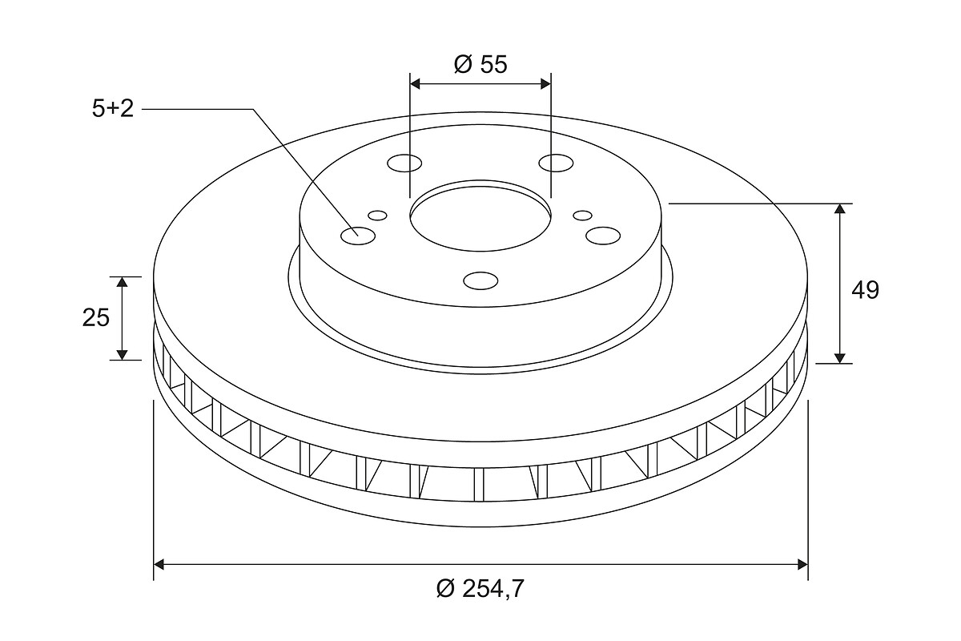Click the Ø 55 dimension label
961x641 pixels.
480,64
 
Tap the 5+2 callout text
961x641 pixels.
113,109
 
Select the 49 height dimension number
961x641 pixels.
866,290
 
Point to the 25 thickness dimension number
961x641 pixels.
96,318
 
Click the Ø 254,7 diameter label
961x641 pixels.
480,588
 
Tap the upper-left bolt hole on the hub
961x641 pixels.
404,163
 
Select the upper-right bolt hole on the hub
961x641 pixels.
556,163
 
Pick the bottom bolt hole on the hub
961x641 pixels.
481,280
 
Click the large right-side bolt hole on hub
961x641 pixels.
603,236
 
